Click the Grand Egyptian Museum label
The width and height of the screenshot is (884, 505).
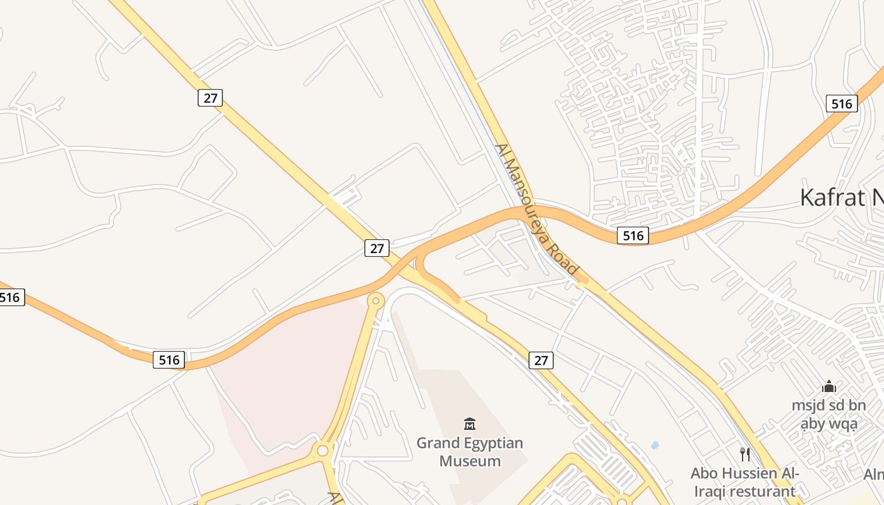coord(470,452)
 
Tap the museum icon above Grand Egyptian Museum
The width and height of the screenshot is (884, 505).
coord(470,424)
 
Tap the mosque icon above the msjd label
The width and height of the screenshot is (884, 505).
coord(829,386)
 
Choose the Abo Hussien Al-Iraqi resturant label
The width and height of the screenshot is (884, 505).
coord(744,482)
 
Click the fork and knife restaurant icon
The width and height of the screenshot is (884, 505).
coord(745,454)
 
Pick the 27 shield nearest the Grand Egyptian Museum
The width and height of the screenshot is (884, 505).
coord(541,360)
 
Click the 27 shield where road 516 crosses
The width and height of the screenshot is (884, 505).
coord(377,248)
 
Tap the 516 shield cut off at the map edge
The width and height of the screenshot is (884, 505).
coord(11,297)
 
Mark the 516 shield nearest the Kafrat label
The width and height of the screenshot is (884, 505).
coord(842,104)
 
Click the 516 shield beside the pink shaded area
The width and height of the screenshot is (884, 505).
coord(169,360)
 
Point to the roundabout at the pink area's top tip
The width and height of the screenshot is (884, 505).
coord(376,301)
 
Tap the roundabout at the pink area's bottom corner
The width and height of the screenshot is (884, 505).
coord(323,451)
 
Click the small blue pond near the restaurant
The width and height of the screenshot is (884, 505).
coord(654,445)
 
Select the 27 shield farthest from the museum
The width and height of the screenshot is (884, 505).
coord(210,97)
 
